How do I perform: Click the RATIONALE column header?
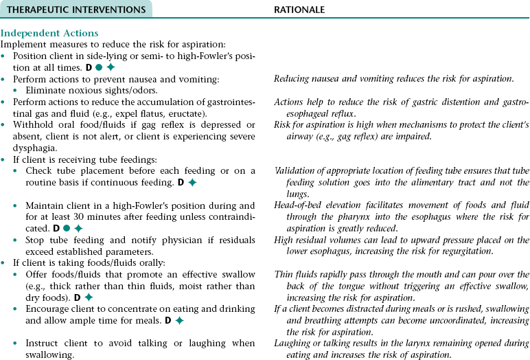click(x=299, y=10)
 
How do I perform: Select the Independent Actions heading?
click(x=49, y=33)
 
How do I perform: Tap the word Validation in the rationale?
click(x=297, y=170)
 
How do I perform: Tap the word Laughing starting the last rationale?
click(x=293, y=343)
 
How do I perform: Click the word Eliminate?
click(x=48, y=90)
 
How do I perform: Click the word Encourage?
click(x=51, y=308)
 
